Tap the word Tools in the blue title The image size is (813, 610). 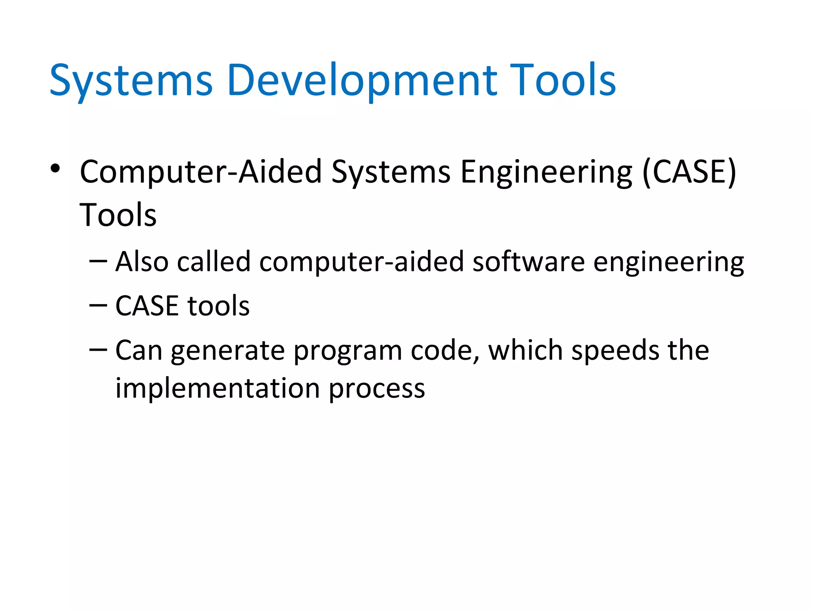click(x=563, y=81)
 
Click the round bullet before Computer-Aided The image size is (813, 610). click(x=55, y=169)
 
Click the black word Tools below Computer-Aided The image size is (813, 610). click(x=118, y=215)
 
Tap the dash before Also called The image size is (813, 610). click(x=98, y=261)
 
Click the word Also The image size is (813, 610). click(x=142, y=262)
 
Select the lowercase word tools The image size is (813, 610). click(x=218, y=306)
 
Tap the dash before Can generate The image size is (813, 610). click(x=98, y=350)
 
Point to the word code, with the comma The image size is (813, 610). click(x=445, y=351)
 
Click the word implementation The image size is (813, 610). click(x=218, y=388)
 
